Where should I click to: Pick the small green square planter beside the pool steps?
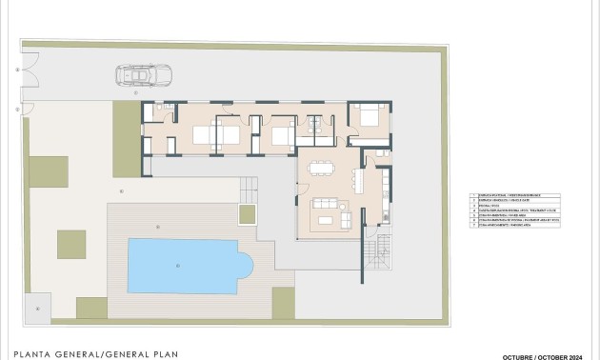pos(247,212)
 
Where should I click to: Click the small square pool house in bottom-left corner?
pos(38,307)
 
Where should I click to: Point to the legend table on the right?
pos(518,209)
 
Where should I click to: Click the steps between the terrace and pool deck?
pos(247,186)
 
